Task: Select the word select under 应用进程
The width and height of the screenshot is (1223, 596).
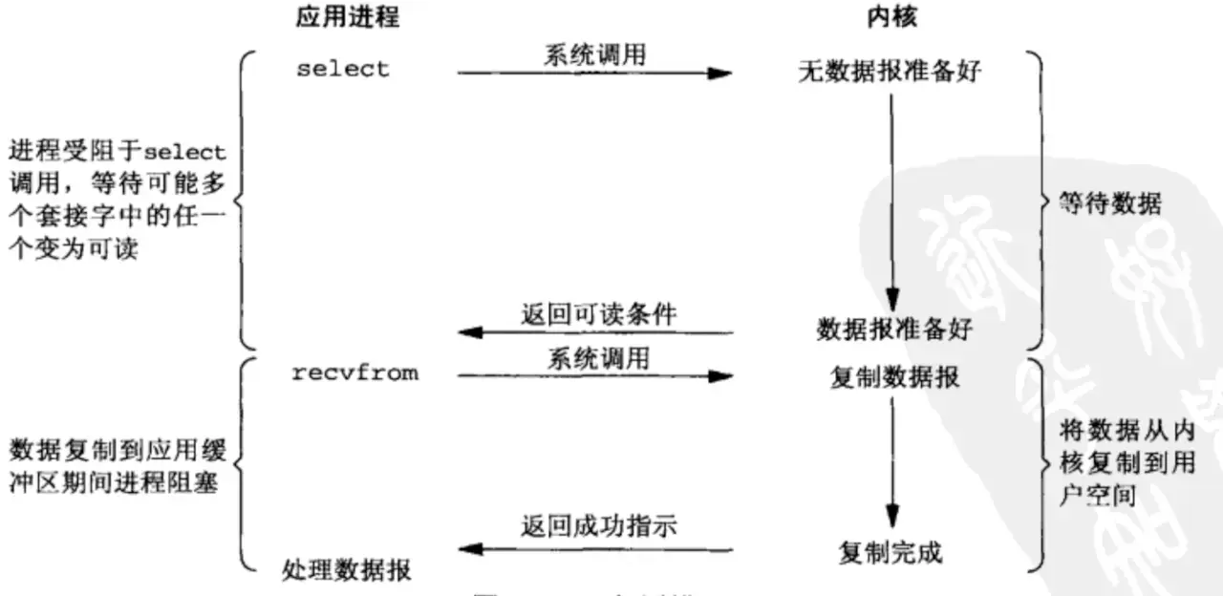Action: [x=342, y=70]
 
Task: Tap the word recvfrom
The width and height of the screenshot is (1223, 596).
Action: [x=354, y=373]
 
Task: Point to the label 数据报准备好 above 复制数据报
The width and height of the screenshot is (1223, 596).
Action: [x=893, y=330]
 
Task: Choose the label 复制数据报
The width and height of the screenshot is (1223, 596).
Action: [x=894, y=377]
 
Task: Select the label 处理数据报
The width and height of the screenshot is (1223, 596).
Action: [x=348, y=570]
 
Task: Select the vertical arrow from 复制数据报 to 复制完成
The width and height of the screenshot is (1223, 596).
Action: [x=892, y=458]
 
